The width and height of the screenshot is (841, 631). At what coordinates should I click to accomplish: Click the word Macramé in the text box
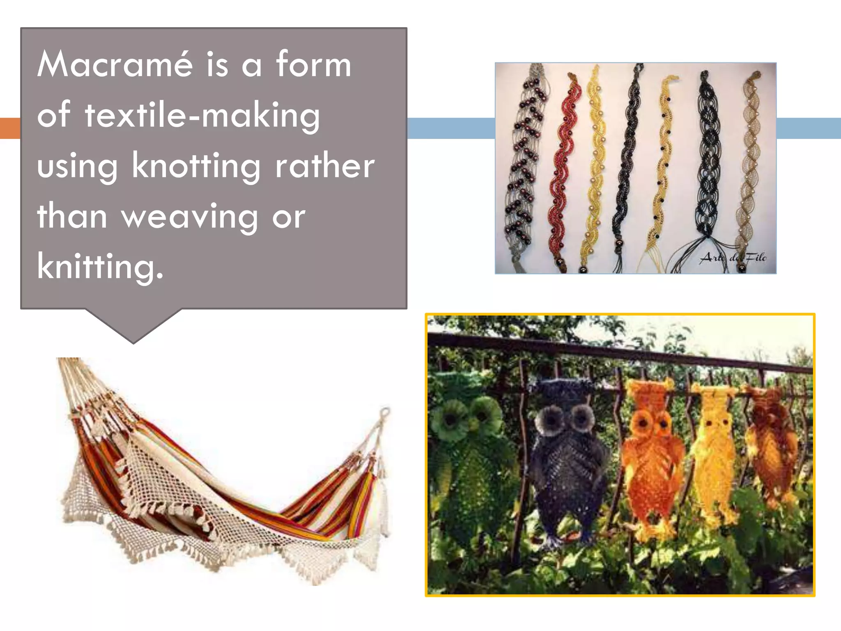(115, 64)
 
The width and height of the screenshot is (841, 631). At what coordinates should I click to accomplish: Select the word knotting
(196, 166)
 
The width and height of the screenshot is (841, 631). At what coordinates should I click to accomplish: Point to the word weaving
(189, 216)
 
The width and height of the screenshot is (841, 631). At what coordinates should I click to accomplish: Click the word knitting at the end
(100, 267)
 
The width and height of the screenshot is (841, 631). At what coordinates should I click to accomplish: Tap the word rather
(324, 166)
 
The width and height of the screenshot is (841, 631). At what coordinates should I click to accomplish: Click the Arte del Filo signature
(733, 258)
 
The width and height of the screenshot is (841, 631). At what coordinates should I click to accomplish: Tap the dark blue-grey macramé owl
(567, 456)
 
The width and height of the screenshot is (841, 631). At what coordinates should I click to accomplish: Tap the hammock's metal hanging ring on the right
(385, 412)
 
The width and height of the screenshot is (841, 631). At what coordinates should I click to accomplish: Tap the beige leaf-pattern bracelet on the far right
(749, 164)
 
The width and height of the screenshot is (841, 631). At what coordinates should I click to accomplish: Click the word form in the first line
(313, 64)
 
